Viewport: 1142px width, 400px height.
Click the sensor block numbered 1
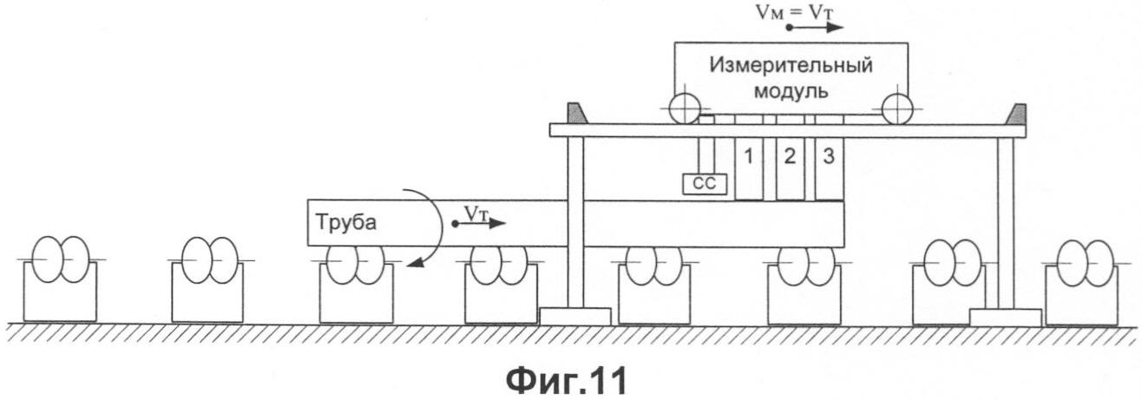747,169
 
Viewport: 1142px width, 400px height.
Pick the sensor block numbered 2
788,169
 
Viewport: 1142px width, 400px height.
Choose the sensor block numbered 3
829,169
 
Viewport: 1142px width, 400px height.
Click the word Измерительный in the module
791,65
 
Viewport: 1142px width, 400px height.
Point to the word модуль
791,89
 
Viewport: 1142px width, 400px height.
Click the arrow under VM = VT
816,28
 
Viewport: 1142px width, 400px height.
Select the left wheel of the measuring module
685,109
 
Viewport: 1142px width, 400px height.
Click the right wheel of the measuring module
897,109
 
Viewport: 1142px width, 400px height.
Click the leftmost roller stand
60,280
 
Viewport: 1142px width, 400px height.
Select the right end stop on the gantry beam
1014,114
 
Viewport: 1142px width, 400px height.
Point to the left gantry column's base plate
574,316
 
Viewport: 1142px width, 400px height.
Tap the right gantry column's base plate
1005,317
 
